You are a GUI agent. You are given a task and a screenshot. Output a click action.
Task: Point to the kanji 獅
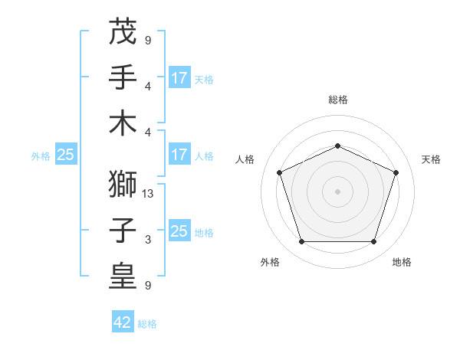click(x=123, y=184)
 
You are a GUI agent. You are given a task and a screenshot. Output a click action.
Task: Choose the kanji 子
click(x=123, y=230)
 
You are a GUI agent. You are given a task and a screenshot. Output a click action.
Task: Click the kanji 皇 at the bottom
click(x=123, y=277)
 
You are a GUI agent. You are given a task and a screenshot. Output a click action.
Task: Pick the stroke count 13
click(x=149, y=193)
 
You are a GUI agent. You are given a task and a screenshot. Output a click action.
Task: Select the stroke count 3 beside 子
click(x=148, y=240)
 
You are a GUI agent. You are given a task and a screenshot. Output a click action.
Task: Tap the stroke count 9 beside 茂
click(x=148, y=40)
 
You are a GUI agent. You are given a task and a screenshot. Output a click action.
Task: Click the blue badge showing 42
click(x=123, y=322)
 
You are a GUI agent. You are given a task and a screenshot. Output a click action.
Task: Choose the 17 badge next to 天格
click(x=179, y=77)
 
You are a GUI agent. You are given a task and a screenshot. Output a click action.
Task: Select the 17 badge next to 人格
click(x=179, y=155)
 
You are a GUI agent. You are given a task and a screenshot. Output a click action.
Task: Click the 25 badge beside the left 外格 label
click(x=66, y=155)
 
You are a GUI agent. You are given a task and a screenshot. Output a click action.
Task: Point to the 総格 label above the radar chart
click(x=337, y=100)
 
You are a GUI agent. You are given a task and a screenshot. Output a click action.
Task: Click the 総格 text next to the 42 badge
click(x=147, y=324)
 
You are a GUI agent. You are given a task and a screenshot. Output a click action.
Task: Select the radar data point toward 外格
click(x=301, y=242)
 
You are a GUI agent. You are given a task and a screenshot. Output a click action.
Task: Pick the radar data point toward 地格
click(x=373, y=242)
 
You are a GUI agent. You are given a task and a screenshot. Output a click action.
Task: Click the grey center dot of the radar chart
click(x=337, y=191)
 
